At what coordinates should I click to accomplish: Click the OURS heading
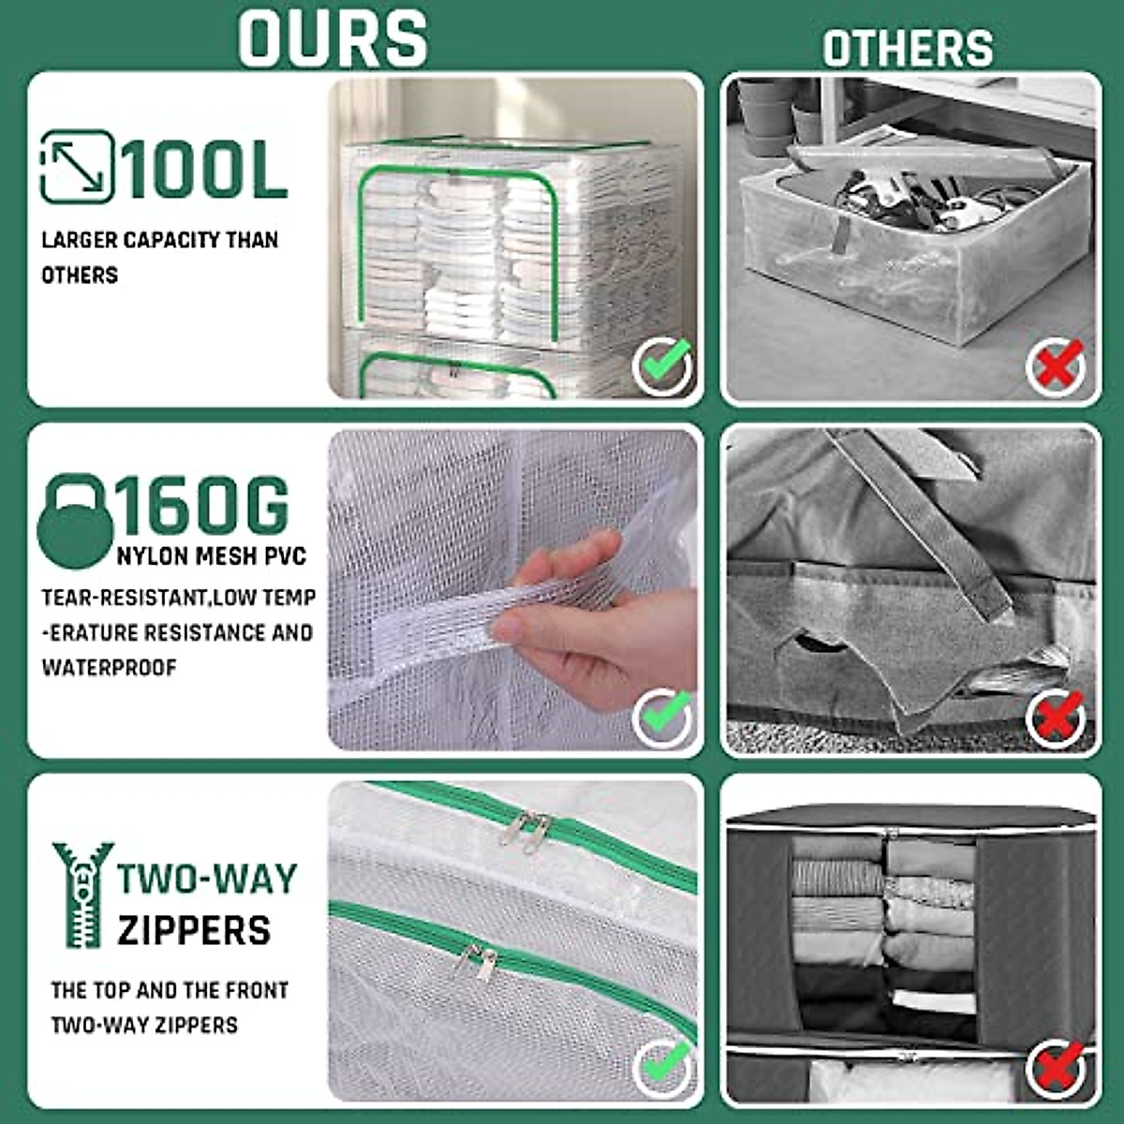click(x=333, y=37)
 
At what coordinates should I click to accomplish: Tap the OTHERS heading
click(x=908, y=48)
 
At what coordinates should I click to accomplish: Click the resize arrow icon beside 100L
click(x=77, y=167)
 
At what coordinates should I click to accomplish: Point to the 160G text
click(x=202, y=507)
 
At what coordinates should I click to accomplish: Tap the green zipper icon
click(x=81, y=895)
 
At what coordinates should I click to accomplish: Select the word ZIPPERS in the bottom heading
click(x=194, y=930)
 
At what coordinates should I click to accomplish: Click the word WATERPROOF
click(x=109, y=668)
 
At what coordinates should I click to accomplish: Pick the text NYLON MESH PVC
click(x=212, y=556)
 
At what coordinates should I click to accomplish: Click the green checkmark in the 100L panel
click(x=663, y=365)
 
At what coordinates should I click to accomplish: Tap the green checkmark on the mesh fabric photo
click(x=663, y=717)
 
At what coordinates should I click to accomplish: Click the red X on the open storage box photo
click(x=1056, y=366)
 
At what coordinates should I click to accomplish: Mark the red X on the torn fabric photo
click(x=1056, y=717)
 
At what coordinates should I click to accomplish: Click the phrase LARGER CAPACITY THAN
click(x=159, y=240)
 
